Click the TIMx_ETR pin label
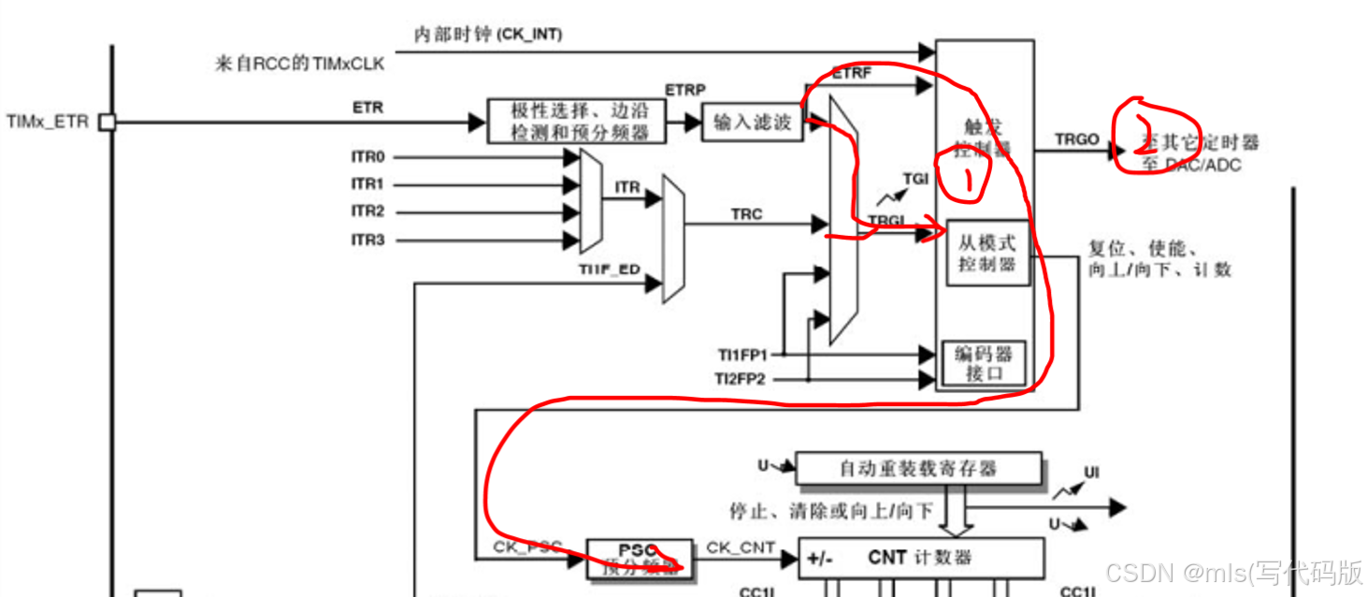(47, 122)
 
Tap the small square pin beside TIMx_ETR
(107, 122)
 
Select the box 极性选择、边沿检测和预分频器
(577, 121)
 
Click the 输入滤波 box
(752, 122)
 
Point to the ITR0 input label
(367, 157)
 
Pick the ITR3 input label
(367, 240)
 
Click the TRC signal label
(746, 214)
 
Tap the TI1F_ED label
(610, 270)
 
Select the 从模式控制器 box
(986, 253)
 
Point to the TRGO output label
(1077, 138)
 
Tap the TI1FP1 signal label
(742, 355)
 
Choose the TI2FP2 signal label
(742, 379)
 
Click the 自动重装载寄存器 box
(917, 468)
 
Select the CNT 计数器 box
(920, 558)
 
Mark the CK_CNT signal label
(741, 546)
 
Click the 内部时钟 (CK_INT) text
(488, 35)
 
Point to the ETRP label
(684, 90)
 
